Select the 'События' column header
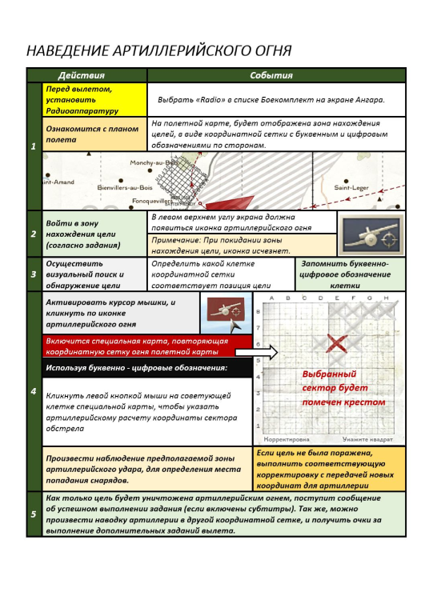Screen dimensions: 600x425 [x=271, y=76]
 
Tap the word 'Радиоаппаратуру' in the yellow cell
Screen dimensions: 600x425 [x=82, y=110]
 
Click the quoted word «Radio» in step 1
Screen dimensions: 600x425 [x=210, y=99]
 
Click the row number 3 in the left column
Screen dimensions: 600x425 [x=33, y=274]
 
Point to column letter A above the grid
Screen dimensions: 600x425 [x=272, y=298]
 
